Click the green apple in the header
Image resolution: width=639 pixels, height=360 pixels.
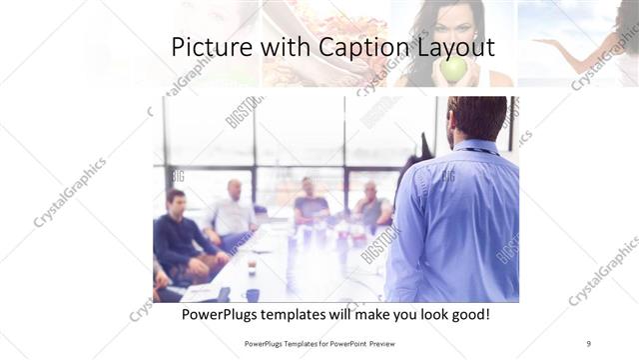(x=453, y=68)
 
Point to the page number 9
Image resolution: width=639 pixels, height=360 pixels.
(x=588, y=343)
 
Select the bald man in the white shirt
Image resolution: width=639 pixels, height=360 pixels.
(x=234, y=213)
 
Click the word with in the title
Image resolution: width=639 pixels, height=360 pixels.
(x=287, y=47)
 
